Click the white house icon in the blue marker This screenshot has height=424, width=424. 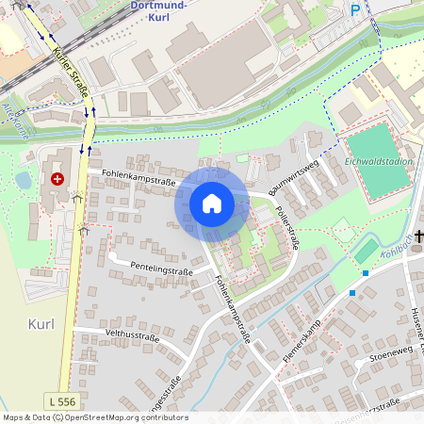(211, 203)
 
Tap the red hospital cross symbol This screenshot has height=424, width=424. (58, 177)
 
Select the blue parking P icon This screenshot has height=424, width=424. (355, 10)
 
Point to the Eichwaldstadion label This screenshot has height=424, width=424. (380, 161)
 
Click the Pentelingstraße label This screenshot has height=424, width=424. (161, 269)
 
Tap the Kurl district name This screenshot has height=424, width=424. (41, 323)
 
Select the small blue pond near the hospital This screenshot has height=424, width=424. (23, 179)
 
